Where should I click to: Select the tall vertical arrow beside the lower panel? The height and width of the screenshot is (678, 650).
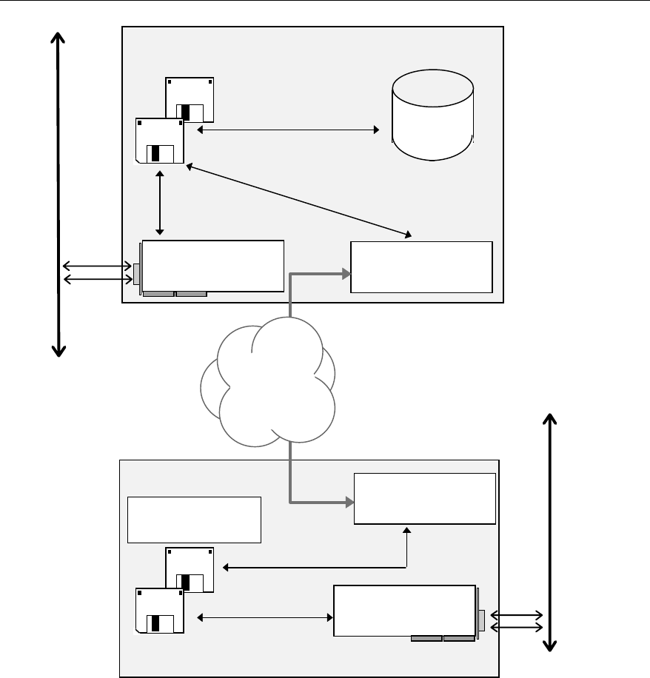coord(549,532)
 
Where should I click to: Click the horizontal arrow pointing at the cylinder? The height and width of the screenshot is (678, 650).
coord(288,130)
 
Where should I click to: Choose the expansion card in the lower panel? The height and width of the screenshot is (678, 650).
coord(404,611)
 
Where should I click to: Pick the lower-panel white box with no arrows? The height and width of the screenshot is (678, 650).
coord(194,520)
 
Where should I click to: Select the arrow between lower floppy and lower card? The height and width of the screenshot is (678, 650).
coord(264,617)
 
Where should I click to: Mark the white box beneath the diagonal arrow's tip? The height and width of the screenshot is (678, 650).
coord(421,266)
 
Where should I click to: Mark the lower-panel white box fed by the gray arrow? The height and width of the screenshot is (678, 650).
coord(425,499)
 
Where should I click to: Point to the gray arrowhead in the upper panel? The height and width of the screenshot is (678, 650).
coord(346,273)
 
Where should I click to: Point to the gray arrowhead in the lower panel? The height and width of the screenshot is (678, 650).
coord(348,503)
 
